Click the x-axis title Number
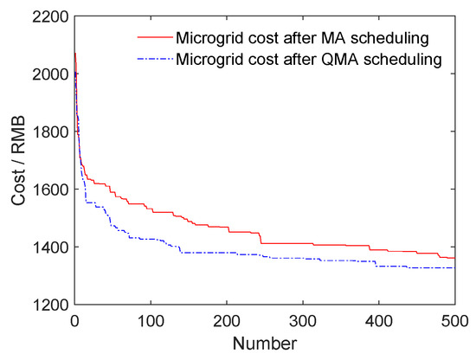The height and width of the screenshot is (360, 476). (265, 343)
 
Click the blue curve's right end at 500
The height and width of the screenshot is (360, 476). (454, 267)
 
